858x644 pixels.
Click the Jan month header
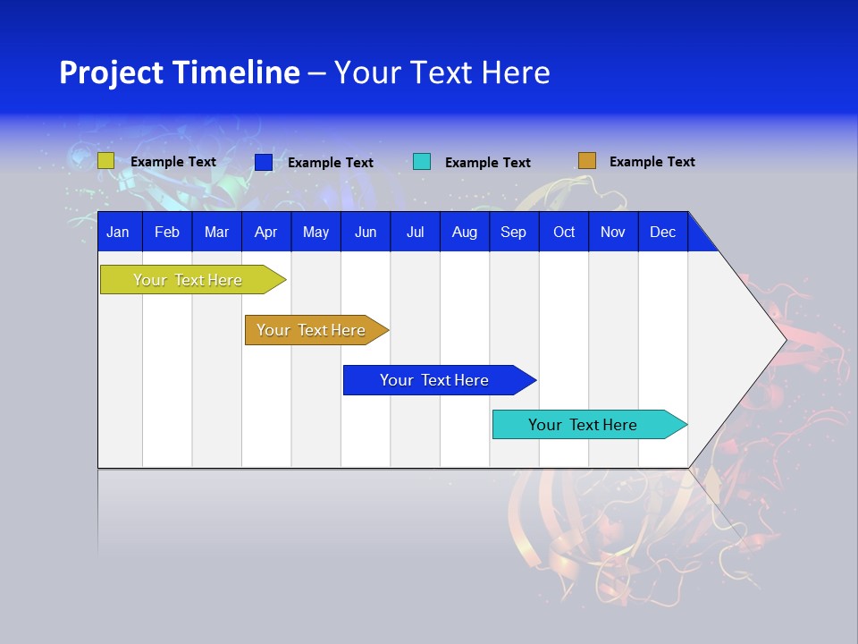118,232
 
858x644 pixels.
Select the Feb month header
167,232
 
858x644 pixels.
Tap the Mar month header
216,232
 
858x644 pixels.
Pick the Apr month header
265,232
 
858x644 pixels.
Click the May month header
315,232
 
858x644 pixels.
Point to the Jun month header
366,232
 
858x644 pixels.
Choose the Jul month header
415,232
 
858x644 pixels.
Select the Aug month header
465,232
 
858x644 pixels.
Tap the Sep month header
514,232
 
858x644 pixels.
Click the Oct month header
564,232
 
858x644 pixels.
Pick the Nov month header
613,232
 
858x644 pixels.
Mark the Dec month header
662,232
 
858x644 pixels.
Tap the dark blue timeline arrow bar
435,380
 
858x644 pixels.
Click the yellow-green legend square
105,161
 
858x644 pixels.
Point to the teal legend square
422,162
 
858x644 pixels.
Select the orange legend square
586,161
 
